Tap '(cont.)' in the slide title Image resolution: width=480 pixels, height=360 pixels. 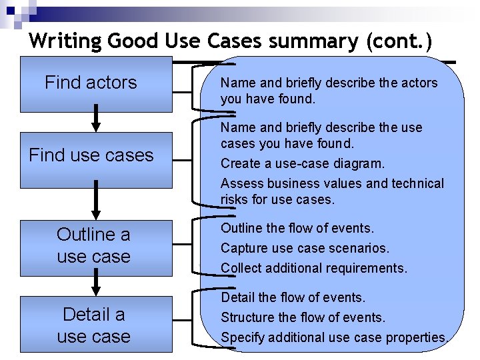[399, 41]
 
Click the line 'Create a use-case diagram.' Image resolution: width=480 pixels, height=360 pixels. [302, 163]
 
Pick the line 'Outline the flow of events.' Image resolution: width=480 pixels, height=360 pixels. [297, 228]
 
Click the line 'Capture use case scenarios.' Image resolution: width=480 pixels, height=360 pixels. [304, 248]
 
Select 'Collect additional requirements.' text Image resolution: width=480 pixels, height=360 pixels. [313, 268]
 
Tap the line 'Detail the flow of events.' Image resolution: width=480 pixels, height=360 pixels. [293, 297]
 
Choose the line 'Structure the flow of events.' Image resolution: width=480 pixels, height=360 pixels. [303, 317]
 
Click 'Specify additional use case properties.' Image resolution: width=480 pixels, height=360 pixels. [334, 337]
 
